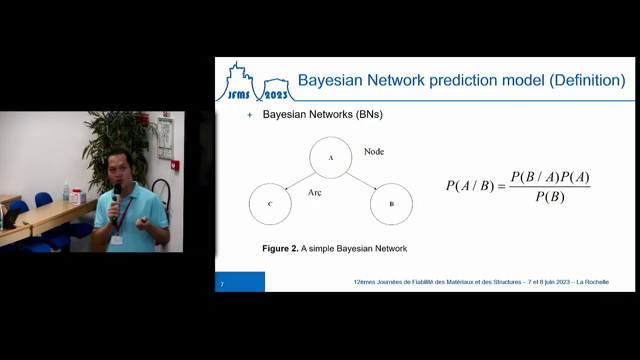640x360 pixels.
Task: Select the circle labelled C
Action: [x=270, y=203]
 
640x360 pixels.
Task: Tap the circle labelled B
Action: [x=390, y=203]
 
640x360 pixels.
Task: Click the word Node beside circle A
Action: [x=374, y=152]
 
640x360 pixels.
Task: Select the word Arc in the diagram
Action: [x=314, y=190]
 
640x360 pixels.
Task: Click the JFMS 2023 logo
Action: [x=253, y=81]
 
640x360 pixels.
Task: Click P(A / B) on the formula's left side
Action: [x=470, y=186]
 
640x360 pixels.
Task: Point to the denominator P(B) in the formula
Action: [x=549, y=197]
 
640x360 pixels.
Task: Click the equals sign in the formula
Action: [x=501, y=187]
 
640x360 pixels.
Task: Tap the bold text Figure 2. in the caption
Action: [x=271, y=247]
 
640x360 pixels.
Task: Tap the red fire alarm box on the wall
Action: [x=175, y=164]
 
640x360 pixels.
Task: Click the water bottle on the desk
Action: [x=66, y=190]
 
